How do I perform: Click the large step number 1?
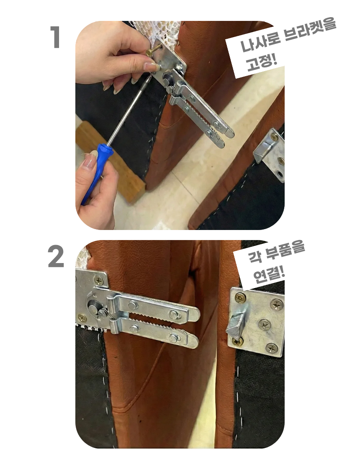pyautogui.click(x=56, y=37)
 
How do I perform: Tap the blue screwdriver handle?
pyautogui.click(x=97, y=170)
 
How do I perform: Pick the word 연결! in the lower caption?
pyautogui.click(x=269, y=274)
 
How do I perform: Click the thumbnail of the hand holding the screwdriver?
pyautogui.click(x=90, y=161)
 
